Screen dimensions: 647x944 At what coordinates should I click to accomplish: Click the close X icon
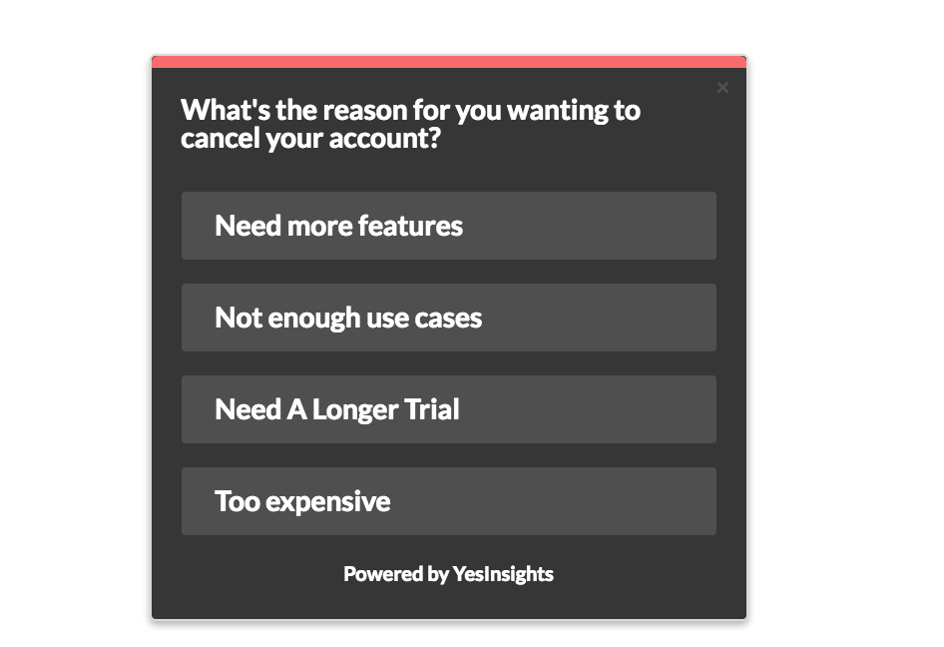722,88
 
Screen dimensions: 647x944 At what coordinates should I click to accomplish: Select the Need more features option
448,226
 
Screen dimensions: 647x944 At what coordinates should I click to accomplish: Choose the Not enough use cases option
448,318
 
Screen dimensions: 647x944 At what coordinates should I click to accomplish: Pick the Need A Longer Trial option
448,409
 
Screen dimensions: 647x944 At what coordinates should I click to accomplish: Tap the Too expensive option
448,501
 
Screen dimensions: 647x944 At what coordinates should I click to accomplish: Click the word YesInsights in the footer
503,574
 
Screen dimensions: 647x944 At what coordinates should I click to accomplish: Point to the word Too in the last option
236,501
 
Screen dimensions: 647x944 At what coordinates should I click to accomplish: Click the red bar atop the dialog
448,62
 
